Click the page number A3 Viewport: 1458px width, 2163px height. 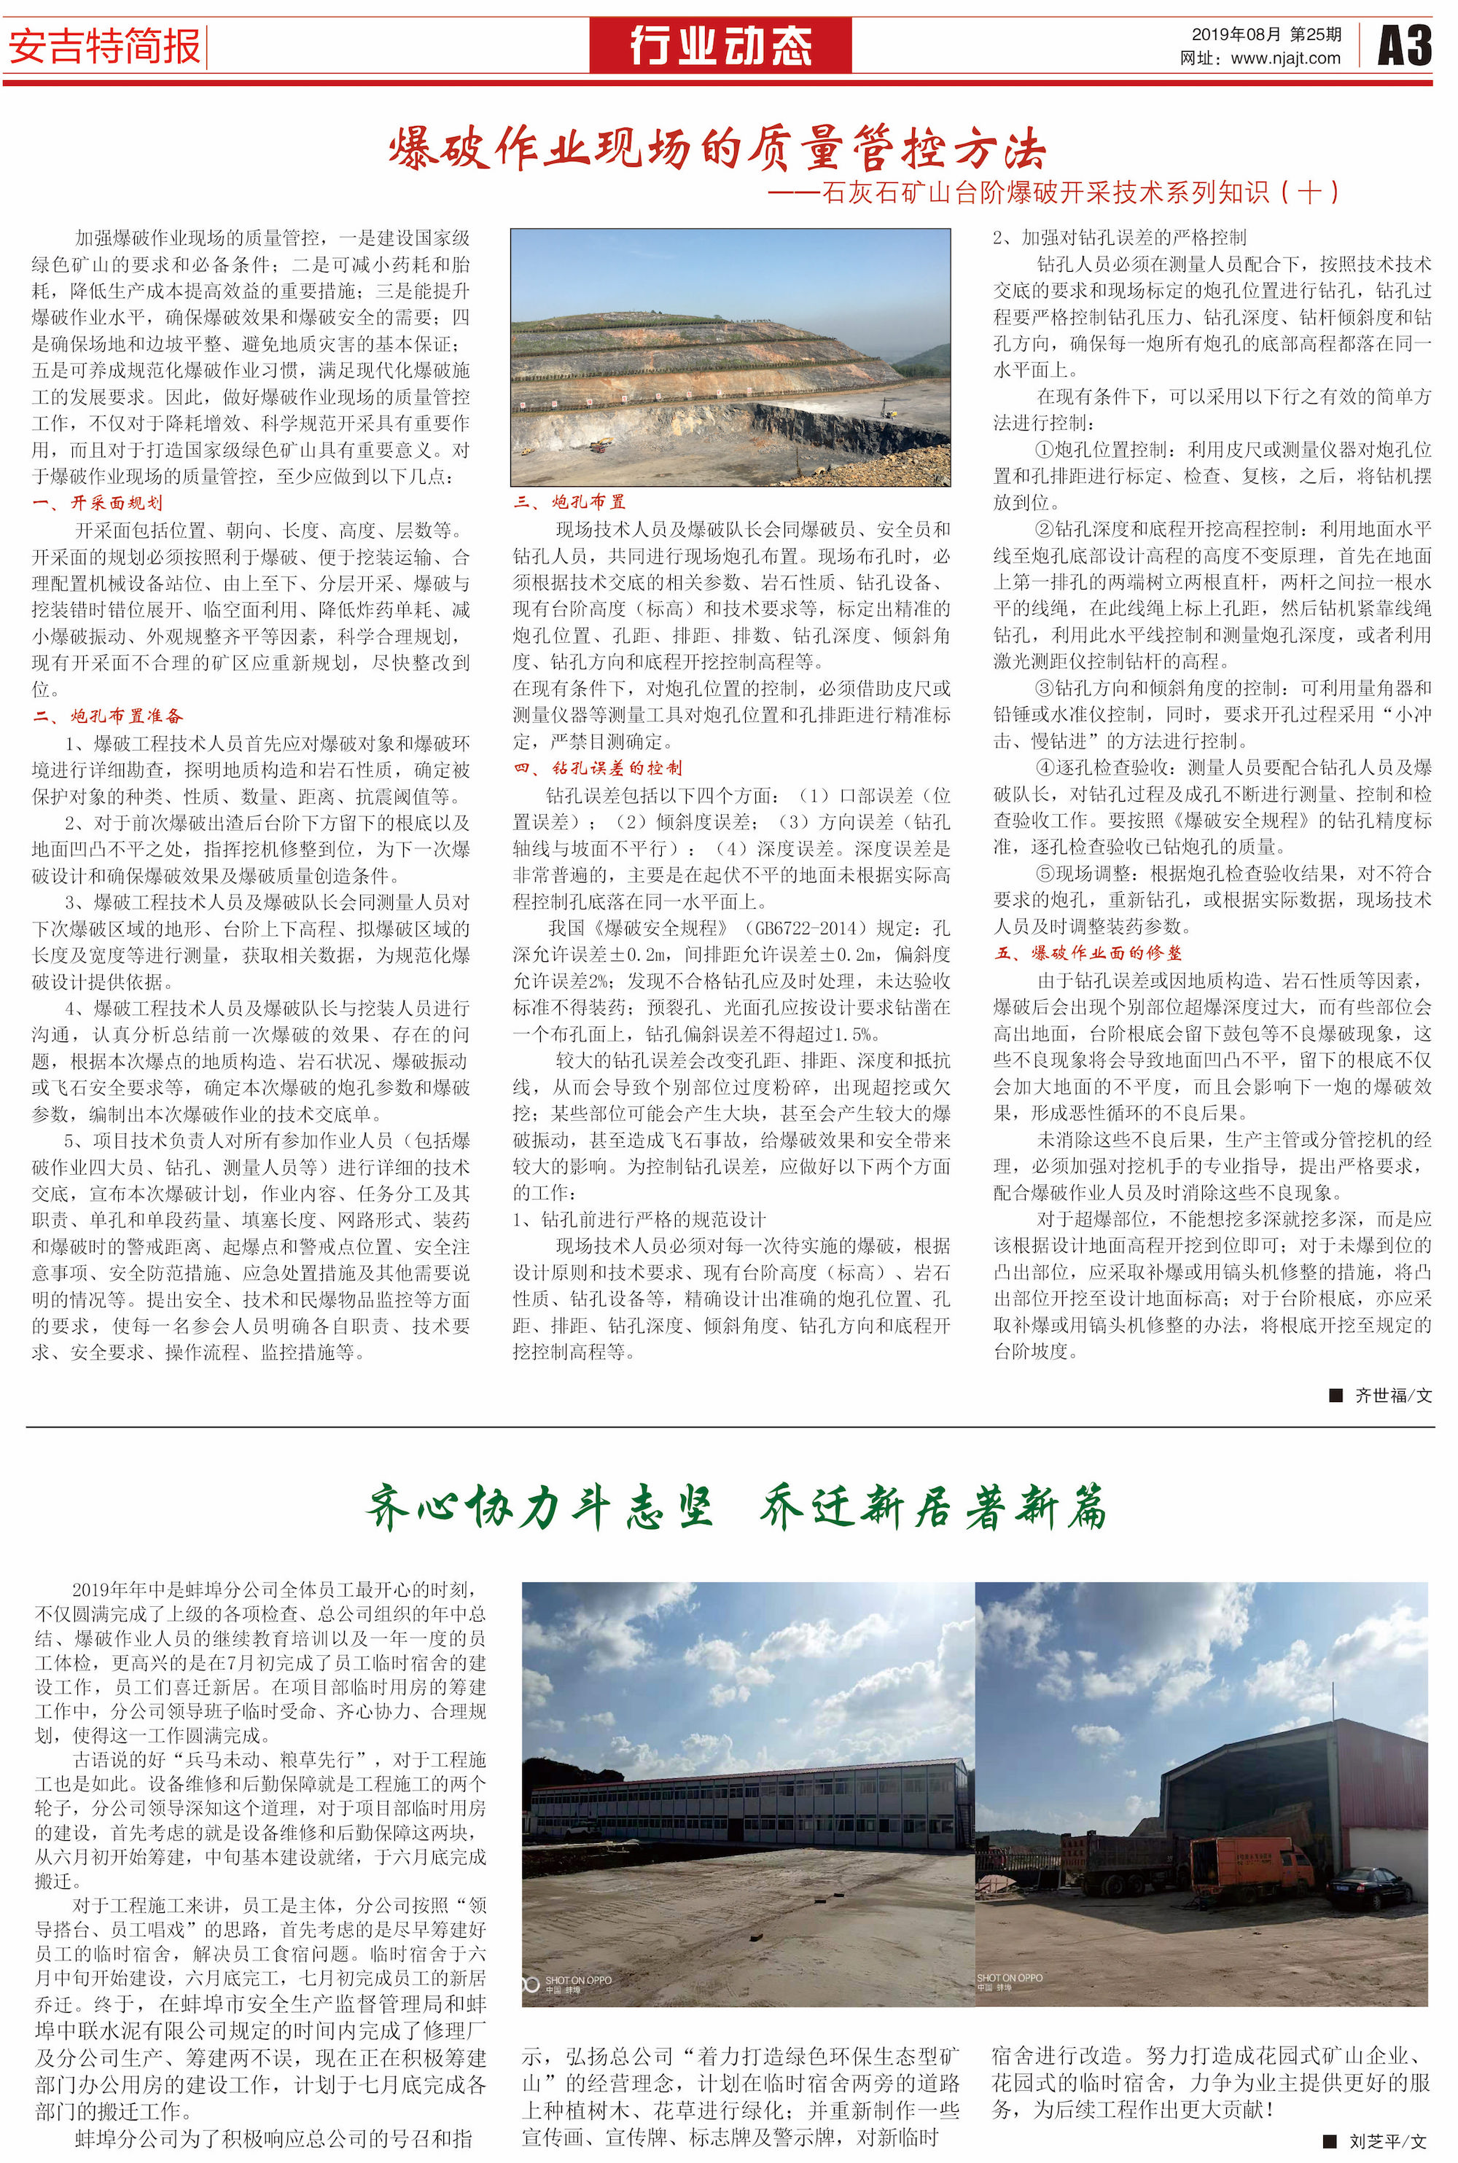pyautogui.click(x=1403, y=45)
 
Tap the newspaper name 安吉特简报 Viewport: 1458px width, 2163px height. pyautogui.click(x=104, y=47)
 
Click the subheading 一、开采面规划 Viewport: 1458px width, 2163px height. pyautogui.click(x=98, y=503)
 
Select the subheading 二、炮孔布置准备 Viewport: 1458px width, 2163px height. pyautogui.click(x=108, y=716)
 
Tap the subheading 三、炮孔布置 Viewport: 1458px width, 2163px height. pyautogui.click(x=570, y=502)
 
